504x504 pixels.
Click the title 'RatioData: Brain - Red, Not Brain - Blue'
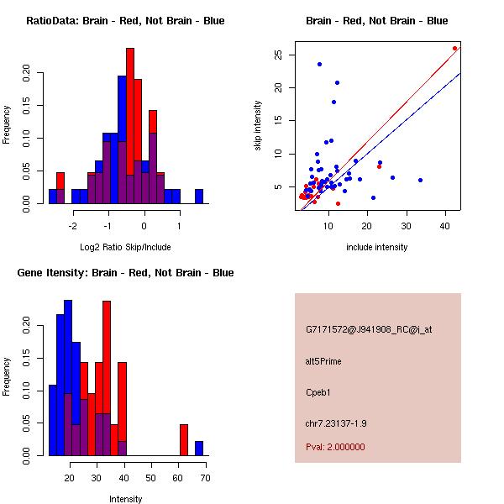125,21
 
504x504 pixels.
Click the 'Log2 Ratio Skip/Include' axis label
125,246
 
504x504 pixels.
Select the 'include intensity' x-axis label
377,247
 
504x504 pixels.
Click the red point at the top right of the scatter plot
454,49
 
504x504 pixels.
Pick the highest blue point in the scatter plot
319,64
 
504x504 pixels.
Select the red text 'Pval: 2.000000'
335,447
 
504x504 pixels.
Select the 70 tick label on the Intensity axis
204,478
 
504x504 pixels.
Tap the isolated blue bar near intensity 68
199,448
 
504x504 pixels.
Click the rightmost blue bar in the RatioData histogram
199,196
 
